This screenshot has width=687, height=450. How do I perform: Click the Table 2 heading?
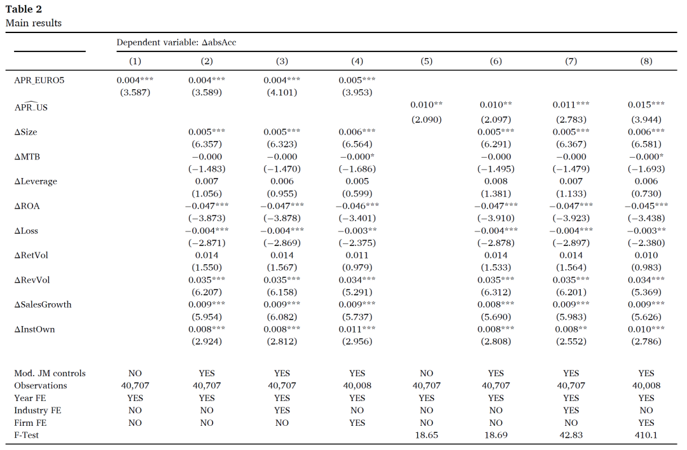click(x=24, y=9)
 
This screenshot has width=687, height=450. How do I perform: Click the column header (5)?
click(x=426, y=61)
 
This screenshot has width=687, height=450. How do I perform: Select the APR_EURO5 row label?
click(x=39, y=80)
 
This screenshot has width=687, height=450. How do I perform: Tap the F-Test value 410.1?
click(x=646, y=435)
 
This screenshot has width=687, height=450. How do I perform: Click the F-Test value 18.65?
click(x=426, y=435)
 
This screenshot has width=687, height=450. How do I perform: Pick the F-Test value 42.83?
click(x=571, y=435)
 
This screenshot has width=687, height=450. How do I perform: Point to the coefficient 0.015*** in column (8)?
click(x=646, y=105)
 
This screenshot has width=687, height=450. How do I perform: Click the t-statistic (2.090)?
click(x=426, y=119)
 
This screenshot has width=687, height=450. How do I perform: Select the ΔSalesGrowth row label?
click(x=43, y=304)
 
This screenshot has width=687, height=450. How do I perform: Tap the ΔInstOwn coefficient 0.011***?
click(x=357, y=329)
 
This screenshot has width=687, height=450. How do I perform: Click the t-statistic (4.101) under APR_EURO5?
click(x=282, y=92)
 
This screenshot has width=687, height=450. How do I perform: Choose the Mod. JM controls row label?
click(x=50, y=373)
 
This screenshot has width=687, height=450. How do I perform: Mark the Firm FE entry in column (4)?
click(x=357, y=423)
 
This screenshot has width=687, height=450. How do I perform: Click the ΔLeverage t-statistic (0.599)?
click(x=357, y=193)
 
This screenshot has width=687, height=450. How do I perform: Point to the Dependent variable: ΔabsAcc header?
click(x=176, y=43)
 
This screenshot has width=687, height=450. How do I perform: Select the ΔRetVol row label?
click(x=31, y=256)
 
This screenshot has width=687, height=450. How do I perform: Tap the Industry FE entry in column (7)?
click(x=571, y=411)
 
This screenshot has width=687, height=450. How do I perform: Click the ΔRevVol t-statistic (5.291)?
click(x=357, y=292)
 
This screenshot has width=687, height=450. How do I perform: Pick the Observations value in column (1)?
click(x=135, y=386)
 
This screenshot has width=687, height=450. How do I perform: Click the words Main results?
click(x=33, y=24)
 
